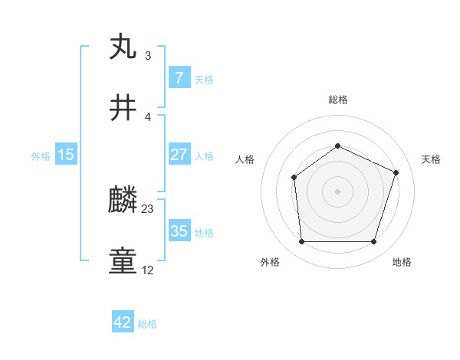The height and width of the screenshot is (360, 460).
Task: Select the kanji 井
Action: [x=123, y=108]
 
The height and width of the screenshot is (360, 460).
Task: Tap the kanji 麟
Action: [x=123, y=201]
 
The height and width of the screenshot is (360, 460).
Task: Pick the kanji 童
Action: [x=123, y=262]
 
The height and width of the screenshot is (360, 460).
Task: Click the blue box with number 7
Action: [x=179, y=78]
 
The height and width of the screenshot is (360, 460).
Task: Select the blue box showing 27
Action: [x=179, y=155]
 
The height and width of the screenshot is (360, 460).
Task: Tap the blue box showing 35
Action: [x=179, y=231]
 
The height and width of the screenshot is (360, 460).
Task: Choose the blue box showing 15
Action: [x=66, y=155]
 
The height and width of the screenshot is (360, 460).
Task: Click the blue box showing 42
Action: [x=123, y=322]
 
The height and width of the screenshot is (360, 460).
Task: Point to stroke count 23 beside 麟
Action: [x=148, y=208]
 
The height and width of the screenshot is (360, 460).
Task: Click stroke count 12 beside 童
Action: [x=148, y=270]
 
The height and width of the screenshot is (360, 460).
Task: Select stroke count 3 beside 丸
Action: [x=148, y=55]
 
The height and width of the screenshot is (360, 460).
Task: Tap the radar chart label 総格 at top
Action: [x=337, y=100]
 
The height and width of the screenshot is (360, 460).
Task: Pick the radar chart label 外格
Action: [x=270, y=263]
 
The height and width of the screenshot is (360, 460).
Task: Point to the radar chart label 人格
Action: [x=245, y=159]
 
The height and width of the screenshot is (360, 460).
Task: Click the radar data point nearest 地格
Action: [x=373, y=242]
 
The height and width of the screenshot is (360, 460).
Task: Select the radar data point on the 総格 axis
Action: [x=337, y=146]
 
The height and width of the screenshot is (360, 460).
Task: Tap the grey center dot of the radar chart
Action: [x=337, y=191]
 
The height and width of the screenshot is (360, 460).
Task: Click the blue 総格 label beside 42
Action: [x=147, y=324]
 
